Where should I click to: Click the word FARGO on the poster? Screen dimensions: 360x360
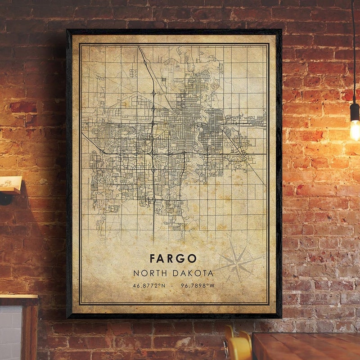pos(173,258)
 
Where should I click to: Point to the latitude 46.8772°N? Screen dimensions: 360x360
pos(149,285)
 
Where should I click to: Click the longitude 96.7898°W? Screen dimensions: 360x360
pos(198,285)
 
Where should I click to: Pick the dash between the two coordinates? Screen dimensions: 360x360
pos(173,285)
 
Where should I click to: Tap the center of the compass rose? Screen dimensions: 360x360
pos(237,262)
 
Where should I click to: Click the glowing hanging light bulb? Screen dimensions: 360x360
pos(355,129)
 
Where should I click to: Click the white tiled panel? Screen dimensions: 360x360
pos(10,333)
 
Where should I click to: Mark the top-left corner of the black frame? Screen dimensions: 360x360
pos(67,31)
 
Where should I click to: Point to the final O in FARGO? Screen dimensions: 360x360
pos(193,258)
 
